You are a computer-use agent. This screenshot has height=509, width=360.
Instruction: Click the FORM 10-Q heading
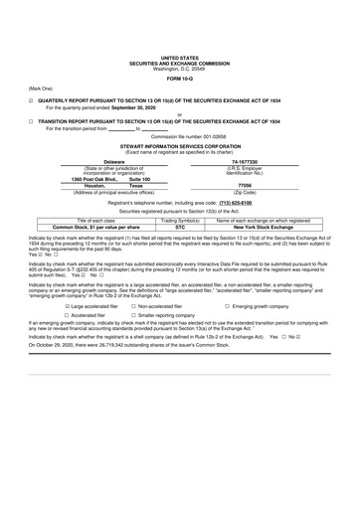179,79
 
